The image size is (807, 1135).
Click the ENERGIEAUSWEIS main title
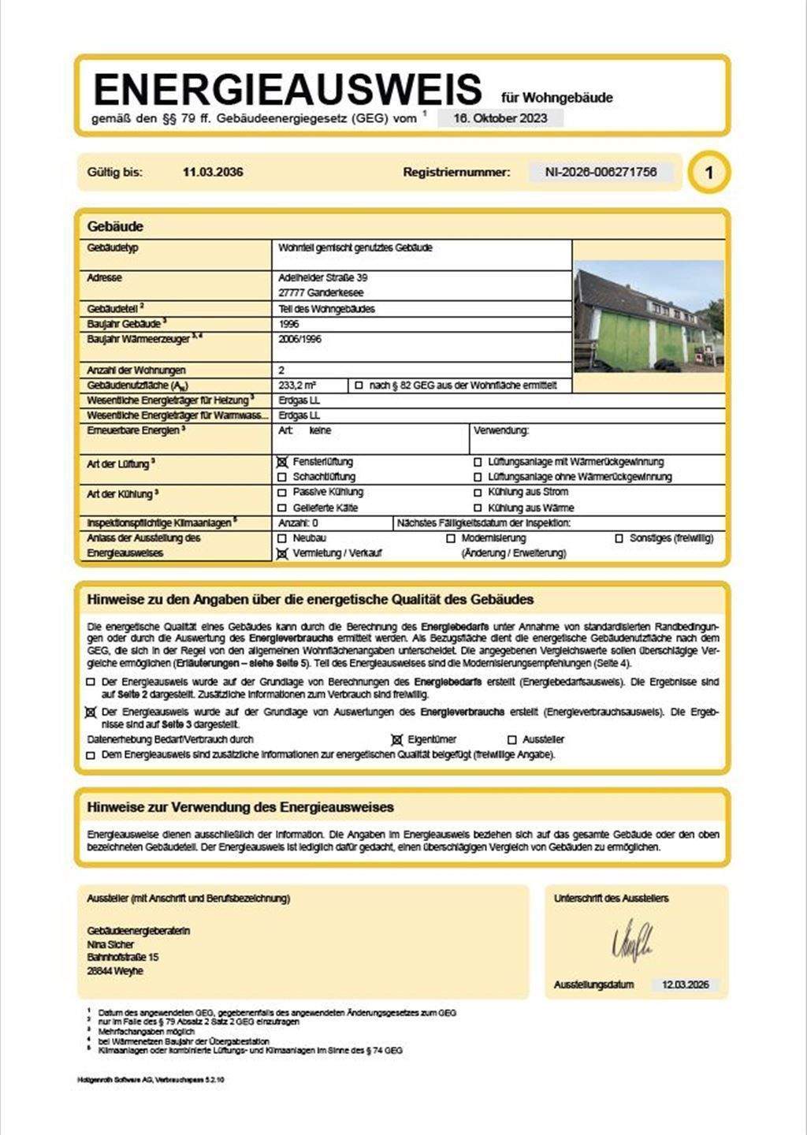coord(287,90)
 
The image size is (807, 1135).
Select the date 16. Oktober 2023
coord(500,118)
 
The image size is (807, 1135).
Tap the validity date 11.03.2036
coord(213,172)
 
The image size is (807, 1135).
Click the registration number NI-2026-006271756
coord(601,172)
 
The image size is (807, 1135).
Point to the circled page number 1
coord(708,173)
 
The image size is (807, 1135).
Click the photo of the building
coord(649,316)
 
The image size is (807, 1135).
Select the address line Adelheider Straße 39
coord(323,277)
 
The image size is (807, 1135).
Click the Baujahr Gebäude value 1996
coord(288,324)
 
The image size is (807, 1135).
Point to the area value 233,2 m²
coord(297,385)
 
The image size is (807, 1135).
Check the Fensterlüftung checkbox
coord(282,462)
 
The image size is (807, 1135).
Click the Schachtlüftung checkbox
coord(282,477)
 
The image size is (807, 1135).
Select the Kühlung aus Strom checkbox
coord(478,492)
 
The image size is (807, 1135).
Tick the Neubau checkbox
coord(282,538)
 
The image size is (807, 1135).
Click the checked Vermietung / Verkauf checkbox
coord(282,553)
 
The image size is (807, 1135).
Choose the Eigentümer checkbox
coord(397,740)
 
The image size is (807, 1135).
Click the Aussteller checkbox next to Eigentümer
coord(512,740)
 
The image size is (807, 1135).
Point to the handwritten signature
coord(632,940)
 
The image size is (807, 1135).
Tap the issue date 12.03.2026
coord(685,984)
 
